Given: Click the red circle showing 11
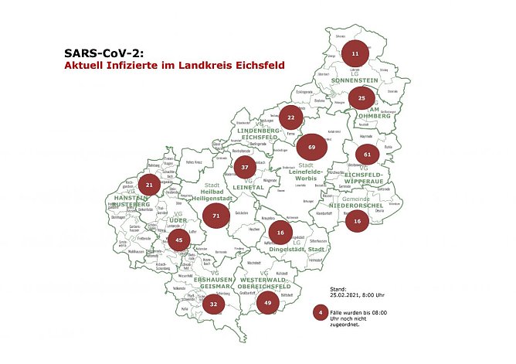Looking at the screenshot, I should pos(355,54).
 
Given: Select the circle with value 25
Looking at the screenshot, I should pos(362,98).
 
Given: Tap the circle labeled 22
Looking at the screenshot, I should pos(290,118).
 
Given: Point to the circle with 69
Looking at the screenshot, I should pos(311,146).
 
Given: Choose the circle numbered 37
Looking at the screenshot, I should pos(245,167).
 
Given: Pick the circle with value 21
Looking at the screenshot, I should pos(150,185).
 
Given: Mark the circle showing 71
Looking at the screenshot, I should pos(216,216).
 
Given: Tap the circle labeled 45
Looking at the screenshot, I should pos(178,240).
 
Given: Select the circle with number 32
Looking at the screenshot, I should pos(213,304).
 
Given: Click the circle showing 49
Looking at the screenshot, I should pos(267,303).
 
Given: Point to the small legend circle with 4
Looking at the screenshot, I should pos(319,313).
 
